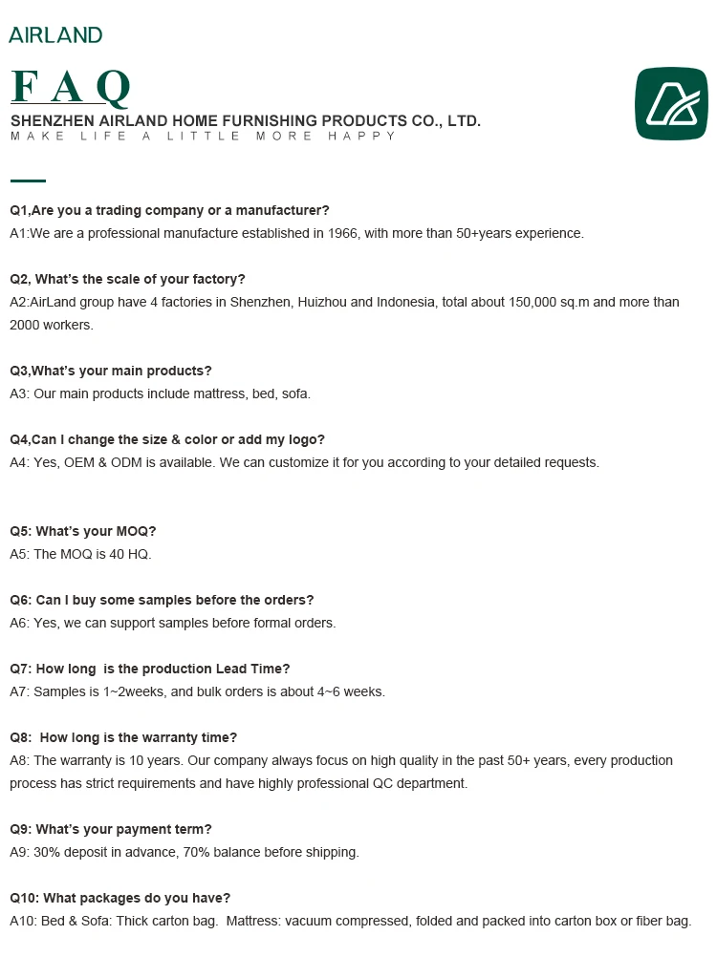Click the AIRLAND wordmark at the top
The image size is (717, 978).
[x=55, y=35]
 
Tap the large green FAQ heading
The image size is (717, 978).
[x=70, y=90]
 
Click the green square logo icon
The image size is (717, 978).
[x=673, y=104]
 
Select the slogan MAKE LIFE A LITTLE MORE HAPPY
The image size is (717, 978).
[x=203, y=137]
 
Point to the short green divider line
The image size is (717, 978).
[x=28, y=180]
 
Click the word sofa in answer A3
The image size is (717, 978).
[x=295, y=393]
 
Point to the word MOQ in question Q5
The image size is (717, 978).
[x=134, y=531]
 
